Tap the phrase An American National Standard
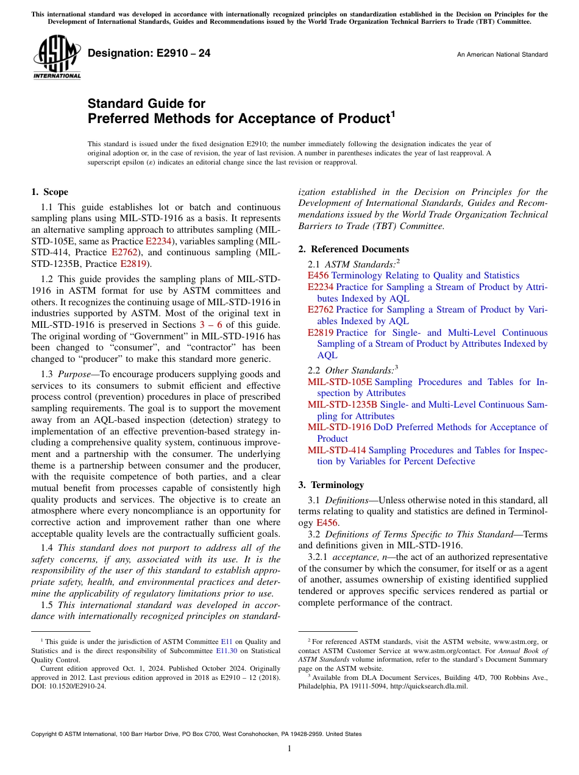point(502,55)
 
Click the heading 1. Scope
point(49,192)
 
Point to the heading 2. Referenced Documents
point(353,249)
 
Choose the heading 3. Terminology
point(331,485)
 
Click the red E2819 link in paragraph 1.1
point(133,264)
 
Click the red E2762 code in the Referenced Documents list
point(320,310)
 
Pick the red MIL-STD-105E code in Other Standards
point(339,382)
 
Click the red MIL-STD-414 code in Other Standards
point(337,450)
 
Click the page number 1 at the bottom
point(289,748)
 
